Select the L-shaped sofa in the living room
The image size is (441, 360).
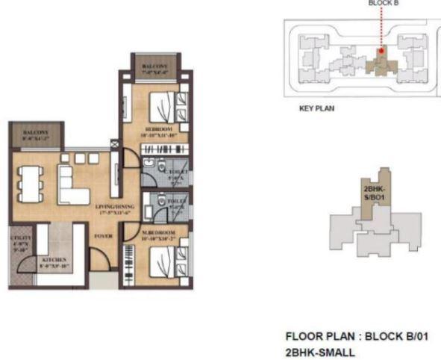coord(71,186)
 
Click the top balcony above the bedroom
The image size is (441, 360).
coord(155,66)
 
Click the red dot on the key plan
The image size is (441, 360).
coord(380,52)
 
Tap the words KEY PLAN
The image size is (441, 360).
coord(316,108)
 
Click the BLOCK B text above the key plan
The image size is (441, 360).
coord(383,3)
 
